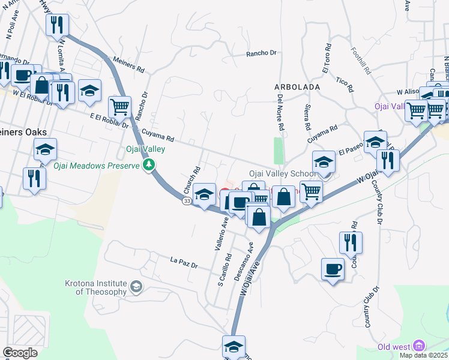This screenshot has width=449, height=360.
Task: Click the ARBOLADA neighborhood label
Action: pos(297,87)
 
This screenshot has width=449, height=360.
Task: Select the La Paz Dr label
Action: pos(184,262)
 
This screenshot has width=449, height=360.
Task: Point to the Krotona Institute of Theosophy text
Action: pos(96,287)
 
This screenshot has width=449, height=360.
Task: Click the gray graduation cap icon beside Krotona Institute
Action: pos(137,287)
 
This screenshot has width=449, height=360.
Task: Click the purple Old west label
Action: pos(394,347)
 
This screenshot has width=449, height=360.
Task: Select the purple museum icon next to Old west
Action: pos(420,346)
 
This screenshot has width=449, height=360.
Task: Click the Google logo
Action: pos(20,353)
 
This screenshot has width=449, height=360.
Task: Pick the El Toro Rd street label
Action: pos(327,58)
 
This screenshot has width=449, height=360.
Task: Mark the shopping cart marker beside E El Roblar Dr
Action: pos(119,107)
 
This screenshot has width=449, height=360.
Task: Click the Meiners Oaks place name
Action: pos(23,131)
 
